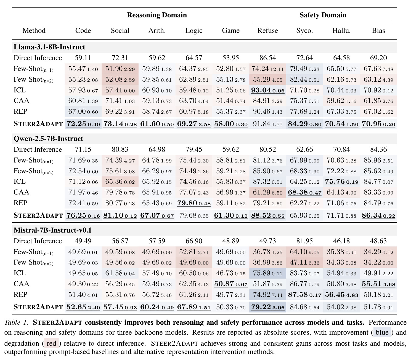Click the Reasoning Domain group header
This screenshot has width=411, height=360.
[x=157, y=15]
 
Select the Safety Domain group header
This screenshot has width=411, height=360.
[x=323, y=15]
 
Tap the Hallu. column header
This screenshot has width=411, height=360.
[x=341, y=30]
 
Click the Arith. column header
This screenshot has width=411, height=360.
[x=157, y=30]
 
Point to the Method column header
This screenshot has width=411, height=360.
[x=34, y=30]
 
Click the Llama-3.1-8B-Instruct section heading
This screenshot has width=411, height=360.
[x=49, y=47]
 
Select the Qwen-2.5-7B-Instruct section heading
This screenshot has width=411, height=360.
[x=48, y=139]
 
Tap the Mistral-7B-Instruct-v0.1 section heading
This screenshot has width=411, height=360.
[x=52, y=230]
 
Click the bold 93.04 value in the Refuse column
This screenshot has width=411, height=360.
[x=261, y=90]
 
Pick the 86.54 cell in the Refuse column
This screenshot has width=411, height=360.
[x=267, y=58]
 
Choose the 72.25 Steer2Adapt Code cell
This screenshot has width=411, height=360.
[x=76, y=124]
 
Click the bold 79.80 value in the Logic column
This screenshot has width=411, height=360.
[x=187, y=203]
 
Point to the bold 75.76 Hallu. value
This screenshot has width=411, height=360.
[x=335, y=182]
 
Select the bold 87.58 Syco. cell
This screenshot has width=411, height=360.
[x=298, y=295]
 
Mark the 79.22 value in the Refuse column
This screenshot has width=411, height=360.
[x=261, y=307]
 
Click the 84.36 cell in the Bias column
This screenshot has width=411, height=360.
[x=378, y=150]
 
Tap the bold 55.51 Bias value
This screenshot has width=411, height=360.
[x=372, y=284]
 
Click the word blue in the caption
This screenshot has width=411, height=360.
[x=382, y=332]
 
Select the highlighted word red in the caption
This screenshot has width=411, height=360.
[x=51, y=343]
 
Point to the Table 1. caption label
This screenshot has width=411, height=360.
[x=16, y=322]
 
